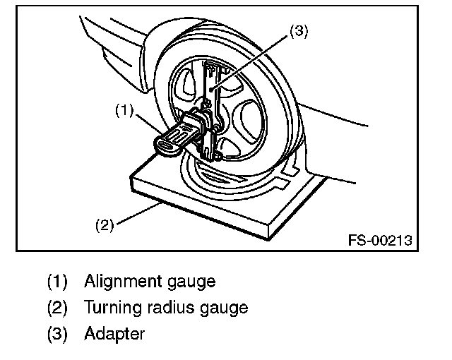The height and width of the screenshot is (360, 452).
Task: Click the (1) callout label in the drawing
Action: tap(124, 110)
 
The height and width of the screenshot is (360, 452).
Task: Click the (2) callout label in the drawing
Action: tap(104, 226)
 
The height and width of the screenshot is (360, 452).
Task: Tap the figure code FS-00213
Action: tap(379, 241)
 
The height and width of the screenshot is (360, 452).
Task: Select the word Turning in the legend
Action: tap(109, 308)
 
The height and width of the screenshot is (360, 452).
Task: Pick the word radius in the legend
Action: tap(159, 307)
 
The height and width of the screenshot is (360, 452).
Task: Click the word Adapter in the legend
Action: tap(114, 333)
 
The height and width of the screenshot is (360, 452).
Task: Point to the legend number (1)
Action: tap(57, 282)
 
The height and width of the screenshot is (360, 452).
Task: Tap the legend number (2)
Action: tap(57, 308)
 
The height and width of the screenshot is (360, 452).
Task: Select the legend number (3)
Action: tap(57, 333)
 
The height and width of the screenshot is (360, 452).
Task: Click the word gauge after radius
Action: tap(222, 308)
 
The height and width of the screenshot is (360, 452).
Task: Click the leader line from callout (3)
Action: tap(255, 64)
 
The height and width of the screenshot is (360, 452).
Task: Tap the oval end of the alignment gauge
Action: tap(167, 145)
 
